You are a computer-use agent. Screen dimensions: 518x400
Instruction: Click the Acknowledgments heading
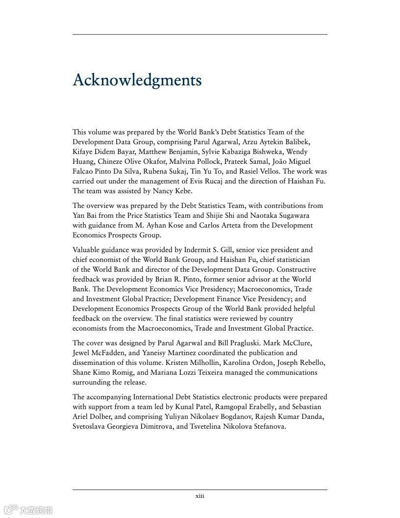click(137, 80)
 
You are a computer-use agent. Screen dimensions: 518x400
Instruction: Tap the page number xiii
click(200, 496)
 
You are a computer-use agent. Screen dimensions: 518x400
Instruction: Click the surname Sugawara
click(292, 215)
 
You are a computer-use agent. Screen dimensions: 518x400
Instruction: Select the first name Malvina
click(182, 161)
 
